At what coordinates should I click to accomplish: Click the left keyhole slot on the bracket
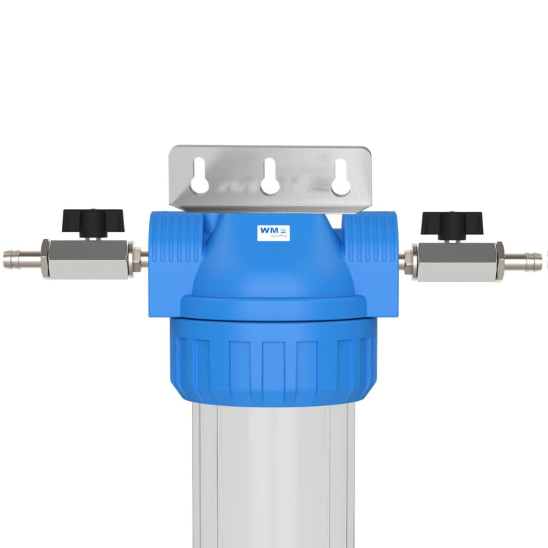pyautogui.click(x=201, y=177)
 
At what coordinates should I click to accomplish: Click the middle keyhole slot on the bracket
pyautogui.click(x=269, y=177)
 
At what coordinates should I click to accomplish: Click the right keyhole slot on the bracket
pyautogui.click(x=340, y=177)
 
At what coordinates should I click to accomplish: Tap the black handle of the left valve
pyautogui.click(x=93, y=220)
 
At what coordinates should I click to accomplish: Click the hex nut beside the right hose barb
pyautogui.click(x=499, y=258)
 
